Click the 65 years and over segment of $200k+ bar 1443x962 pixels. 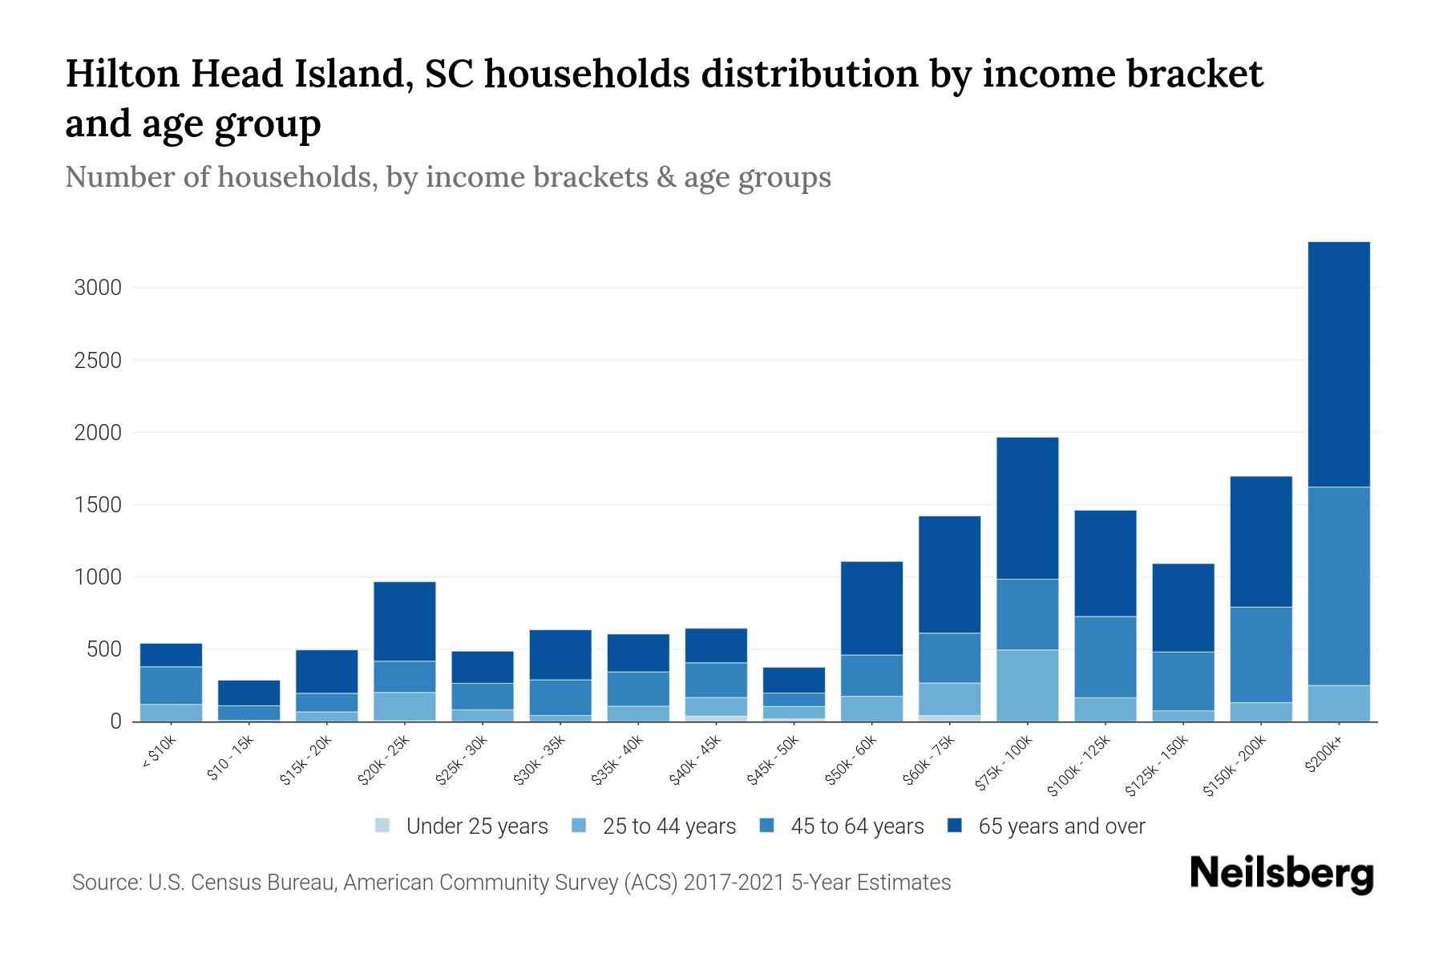coord(1339,364)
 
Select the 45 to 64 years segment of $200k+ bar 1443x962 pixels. coord(1339,585)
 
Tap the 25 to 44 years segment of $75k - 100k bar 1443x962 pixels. coord(1027,685)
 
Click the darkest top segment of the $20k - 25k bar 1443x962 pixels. coord(405,620)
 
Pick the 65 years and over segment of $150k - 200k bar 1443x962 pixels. coord(1261,541)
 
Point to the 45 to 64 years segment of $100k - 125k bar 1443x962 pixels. coord(1105,657)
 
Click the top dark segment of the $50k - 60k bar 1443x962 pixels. coord(871,608)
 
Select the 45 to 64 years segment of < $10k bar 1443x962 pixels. coord(171,685)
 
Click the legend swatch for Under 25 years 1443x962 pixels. coord(383,826)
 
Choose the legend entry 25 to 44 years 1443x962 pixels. coord(669,827)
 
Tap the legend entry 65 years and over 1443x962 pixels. coord(1061,827)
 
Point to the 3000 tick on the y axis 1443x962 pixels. coord(98,288)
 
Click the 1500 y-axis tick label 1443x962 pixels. coord(98,505)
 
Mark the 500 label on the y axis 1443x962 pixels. coord(103,649)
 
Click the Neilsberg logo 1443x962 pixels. coord(1281,874)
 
